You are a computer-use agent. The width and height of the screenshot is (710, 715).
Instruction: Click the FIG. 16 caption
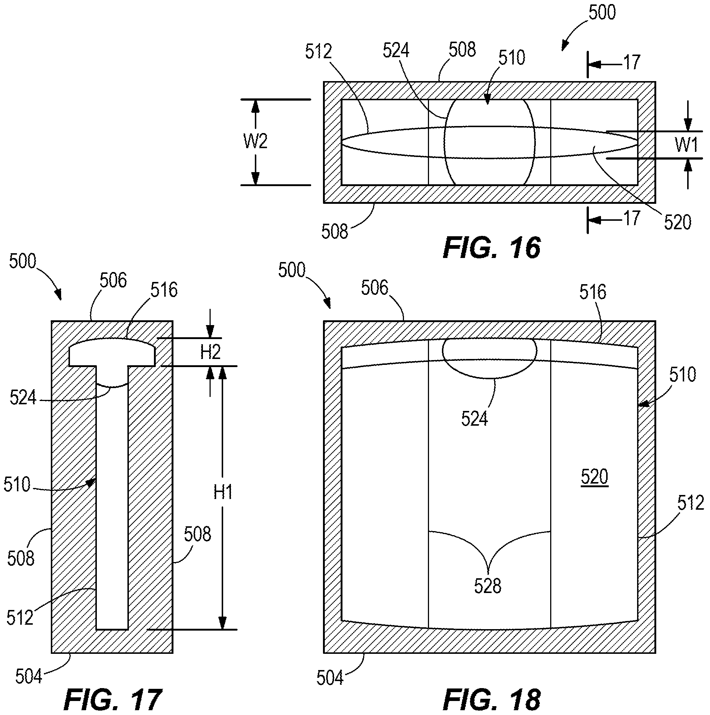click(x=492, y=248)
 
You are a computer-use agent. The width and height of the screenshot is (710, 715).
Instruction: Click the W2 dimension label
click(x=255, y=142)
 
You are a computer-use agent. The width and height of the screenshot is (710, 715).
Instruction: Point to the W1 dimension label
click(x=686, y=144)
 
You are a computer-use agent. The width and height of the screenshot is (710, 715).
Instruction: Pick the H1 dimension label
click(x=223, y=492)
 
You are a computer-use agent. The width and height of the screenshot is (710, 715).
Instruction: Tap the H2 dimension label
click(x=210, y=352)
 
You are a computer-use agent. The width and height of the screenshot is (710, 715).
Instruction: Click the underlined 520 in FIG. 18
click(x=594, y=477)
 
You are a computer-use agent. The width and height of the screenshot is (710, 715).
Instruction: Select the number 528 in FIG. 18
click(x=488, y=586)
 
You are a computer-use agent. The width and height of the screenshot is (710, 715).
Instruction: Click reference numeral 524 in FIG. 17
click(x=23, y=398)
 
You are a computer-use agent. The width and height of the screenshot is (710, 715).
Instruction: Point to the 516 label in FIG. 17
click(x=164, y=290)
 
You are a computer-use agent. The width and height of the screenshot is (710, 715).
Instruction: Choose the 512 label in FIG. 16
click(x=319, y=52)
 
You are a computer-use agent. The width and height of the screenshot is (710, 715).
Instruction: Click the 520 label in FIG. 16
click(x=678, y=222)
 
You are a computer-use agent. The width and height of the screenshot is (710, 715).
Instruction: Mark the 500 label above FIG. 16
click(x=602, y=12)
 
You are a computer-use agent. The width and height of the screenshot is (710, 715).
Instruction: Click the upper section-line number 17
click(x=632, y=62)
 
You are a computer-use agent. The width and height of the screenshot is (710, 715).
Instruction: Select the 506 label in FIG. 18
click(x=375, y=287)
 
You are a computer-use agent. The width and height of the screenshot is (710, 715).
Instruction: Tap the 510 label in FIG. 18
click(x=683, y=374)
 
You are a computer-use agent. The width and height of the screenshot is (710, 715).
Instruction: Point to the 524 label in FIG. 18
click(x=474, y=419)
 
